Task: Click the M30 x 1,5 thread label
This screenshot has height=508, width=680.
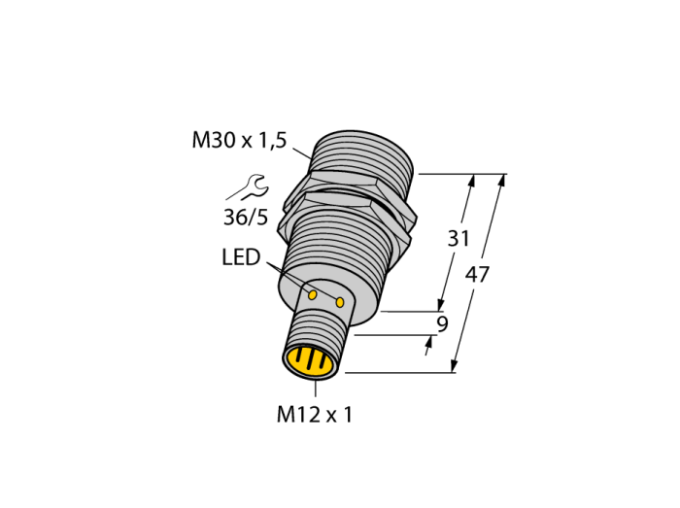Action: [x=239, y=141]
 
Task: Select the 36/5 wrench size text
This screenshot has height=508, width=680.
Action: [x=246, y=218]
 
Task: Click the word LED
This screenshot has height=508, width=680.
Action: [x=241, y=257]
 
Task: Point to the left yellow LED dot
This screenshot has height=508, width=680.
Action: [x=312, y=295]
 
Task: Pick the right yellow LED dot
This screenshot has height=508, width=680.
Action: [x=340, y=302]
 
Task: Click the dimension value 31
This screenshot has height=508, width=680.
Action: [x=459, y=239]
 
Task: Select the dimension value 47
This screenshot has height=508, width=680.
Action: [x=477, y=274]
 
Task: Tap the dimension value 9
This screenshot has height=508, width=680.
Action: [x=442, y=323]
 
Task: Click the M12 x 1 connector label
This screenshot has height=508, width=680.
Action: [x=315, y=415]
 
